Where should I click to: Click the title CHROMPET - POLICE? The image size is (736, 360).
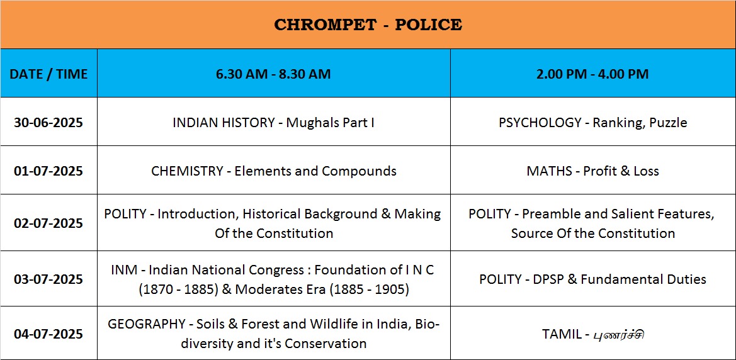(x=368, y=25)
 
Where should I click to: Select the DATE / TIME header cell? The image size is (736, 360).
(x=49, y=74)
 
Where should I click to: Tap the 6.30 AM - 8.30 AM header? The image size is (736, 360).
(x=274, y=74)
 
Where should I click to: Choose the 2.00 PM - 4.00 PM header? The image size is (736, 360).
(x=593, y=74)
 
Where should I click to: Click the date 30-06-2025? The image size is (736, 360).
(x=49, y=123)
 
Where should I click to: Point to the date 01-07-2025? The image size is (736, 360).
(x=49, y=171)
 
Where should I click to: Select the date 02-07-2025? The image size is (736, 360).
(x=49, y=223)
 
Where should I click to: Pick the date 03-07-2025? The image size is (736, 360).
(x=49, y=279)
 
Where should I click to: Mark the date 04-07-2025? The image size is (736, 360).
(x=49, y=334)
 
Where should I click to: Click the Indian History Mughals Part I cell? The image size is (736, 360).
(x=274, y=123)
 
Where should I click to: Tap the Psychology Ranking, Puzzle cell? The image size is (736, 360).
(x=593, y=123)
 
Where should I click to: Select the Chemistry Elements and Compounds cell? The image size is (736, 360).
(x=274, y=171)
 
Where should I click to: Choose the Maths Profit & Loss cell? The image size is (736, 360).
(x=593, y=171)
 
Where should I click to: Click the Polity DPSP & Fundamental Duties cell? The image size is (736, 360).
(x=593, y=279)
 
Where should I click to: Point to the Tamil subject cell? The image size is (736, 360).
(x=593, y=335)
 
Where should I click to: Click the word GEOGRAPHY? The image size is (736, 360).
(x=147, y=324)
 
